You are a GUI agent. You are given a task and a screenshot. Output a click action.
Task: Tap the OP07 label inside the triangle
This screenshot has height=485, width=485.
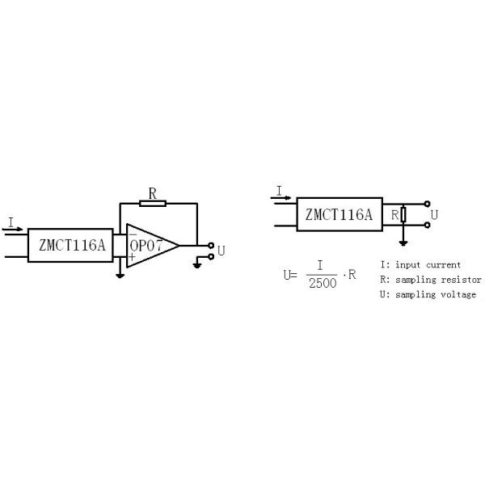point(146,246)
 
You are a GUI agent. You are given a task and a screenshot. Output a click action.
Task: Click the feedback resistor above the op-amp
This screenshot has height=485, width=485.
point(153,203)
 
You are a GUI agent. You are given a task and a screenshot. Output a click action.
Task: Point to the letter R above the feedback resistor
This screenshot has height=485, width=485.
point(153,194)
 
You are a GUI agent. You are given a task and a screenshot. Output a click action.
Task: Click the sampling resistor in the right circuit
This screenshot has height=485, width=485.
point(403,214)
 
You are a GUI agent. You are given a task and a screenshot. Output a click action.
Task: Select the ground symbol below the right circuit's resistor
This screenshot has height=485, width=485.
point(403,243)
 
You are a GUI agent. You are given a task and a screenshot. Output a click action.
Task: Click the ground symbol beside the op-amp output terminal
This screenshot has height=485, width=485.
point(197,265)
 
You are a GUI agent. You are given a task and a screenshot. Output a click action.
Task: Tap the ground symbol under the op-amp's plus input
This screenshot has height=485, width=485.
point(120,276)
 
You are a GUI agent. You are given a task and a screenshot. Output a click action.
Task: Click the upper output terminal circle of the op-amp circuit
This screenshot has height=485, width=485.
point(211,245)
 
